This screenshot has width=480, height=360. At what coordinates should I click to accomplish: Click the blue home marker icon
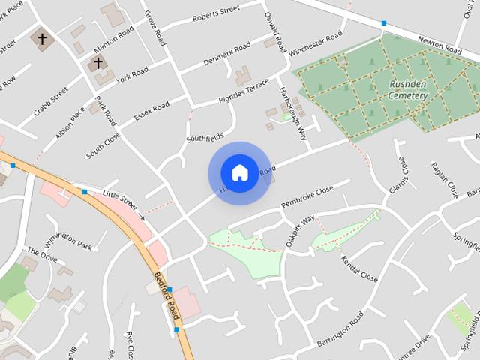tap(239, 173)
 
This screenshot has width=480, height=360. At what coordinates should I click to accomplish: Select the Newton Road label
tap(441, 44)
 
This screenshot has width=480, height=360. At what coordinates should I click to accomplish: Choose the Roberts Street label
tap(215, 13)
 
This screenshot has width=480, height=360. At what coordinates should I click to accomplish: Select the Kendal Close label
tap(358, 266)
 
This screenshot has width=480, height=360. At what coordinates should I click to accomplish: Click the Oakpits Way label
tap(300, 231)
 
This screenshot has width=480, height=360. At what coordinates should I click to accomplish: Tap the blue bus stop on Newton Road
tap(384, 24)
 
